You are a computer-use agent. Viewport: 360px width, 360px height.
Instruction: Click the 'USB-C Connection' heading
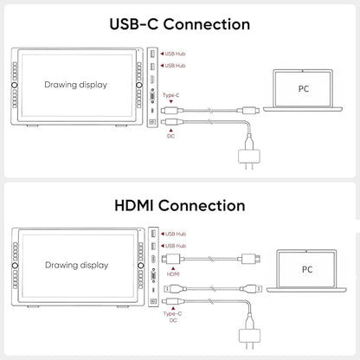pyautogui.click(x=180, y=24)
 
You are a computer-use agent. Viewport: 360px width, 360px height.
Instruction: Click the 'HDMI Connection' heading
pyautogui.click(x=180, y=206)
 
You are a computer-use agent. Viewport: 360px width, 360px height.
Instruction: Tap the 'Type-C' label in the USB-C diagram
pyautogui.click(x=171, y=95)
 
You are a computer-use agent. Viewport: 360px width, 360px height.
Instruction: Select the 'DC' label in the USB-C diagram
pyautogui.click(x=170, y=136)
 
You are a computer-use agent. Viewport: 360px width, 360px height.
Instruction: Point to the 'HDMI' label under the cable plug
pyautogui.click(x=173, y=274)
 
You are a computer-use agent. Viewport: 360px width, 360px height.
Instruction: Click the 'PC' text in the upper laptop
pyautogui.click(x=304, y=89)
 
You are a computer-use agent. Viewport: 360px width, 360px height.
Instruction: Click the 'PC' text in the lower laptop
pyautogui.click(x=307, y=269)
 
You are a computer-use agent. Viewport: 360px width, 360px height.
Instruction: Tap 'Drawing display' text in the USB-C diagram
pyautogui.click(x=76, y=85)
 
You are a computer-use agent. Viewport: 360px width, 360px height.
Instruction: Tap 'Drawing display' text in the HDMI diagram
pyautogui.click(x=77, y=265)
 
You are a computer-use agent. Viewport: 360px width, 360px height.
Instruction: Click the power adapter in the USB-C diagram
pyautogui.click(x=249, y=157)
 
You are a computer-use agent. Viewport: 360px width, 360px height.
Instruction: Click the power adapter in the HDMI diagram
pyautogui.click(x=250, y=337)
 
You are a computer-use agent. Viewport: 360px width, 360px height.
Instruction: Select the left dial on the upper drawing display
pyautogui.click(x=15, y=85)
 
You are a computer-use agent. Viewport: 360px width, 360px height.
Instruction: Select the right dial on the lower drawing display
pyautogui.click(x=141, y=265)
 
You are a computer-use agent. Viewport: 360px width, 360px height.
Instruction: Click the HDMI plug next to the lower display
pyautogui.click(x=171, y=259)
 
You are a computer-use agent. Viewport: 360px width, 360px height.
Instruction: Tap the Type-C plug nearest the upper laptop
pyautogui.click(x=248, y=110)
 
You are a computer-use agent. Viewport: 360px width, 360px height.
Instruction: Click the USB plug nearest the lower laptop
pyautogui.click(x=251, y=288)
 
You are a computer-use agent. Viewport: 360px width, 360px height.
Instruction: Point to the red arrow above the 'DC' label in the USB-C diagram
pyautogui.click(x=170, y=131)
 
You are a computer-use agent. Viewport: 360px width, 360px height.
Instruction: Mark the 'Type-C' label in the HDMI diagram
pyautogui.click(x=172, y=313)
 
